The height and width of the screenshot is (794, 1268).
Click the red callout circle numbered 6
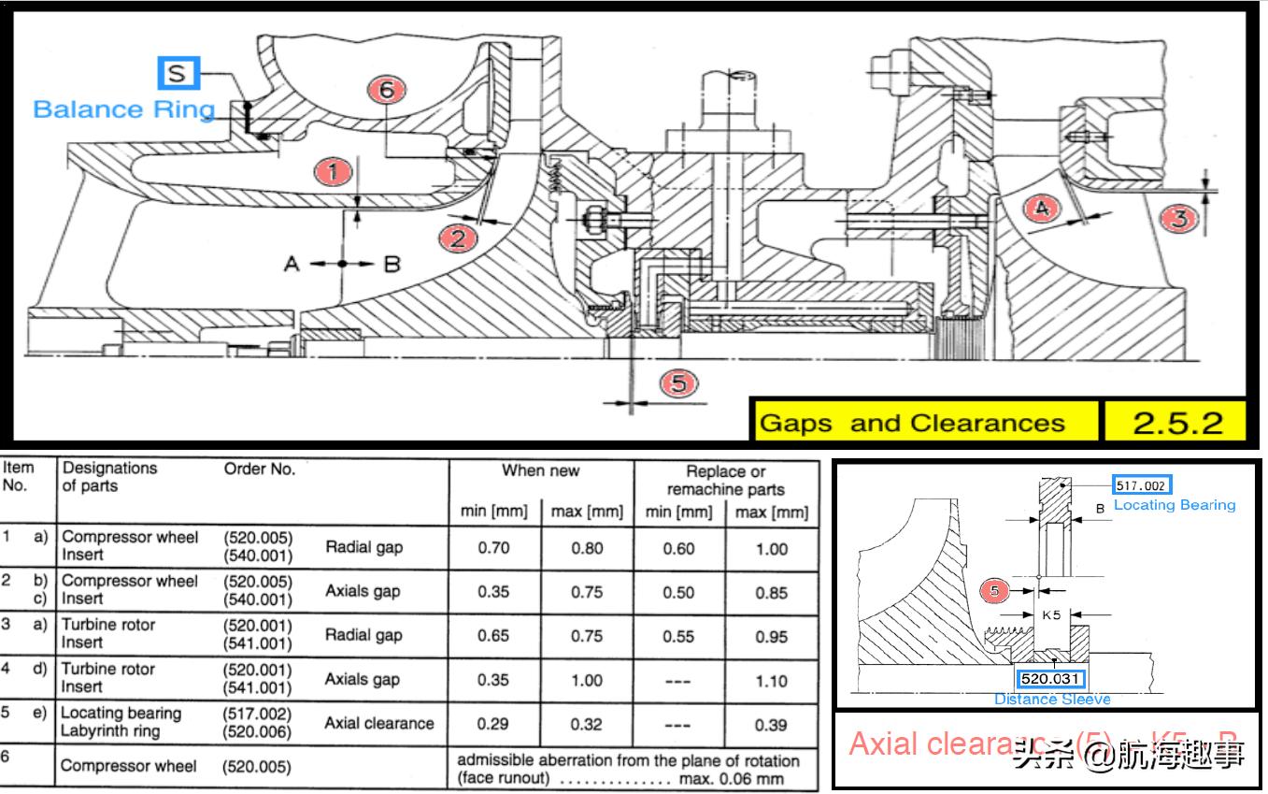pyautogui.click(x=386, y=91)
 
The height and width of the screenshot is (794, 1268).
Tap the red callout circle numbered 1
pyautogui.click(x=334, y=172)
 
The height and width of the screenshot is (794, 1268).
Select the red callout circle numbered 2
pyautogui.click(x=458, y=238)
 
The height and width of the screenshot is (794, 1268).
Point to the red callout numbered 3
pyautogui.click(x=1180, y=218)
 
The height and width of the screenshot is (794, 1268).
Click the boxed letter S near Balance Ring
pyautogui.click(x=176, y=73)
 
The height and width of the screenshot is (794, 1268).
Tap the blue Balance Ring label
pyautogui.click(x=123, y=109)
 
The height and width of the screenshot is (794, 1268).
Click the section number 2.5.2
pyautogui.click(x=1177, y=423)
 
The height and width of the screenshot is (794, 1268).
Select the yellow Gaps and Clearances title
pyautogui.click(x=912, y=423)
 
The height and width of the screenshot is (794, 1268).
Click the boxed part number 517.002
pyautogui.click(x=1142, y=485)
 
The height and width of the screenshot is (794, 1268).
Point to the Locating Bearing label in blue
pyautogui.click(x=1175, y=505)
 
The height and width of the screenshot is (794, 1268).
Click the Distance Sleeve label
pyautogui.click(x=1052, y=699)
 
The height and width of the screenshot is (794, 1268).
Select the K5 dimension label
pyautogui.click(x=1052, y=615)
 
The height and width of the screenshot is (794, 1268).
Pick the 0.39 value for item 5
pyautogui.click(x=771, y=725)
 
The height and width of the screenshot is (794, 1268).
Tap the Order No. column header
pyautogui.click(x=259, y=469)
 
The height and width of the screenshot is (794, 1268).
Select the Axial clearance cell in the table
pyautogui.click(x=378, y=723)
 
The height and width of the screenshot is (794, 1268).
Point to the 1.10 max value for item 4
pyautogui.click(x=771, y=681)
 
